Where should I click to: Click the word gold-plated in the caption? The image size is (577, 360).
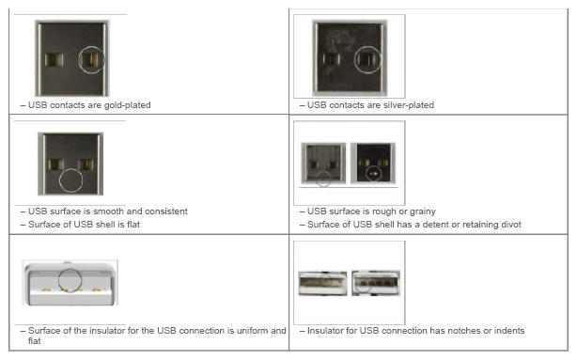[127, 105]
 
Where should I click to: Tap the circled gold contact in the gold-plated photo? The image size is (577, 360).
[92, 59]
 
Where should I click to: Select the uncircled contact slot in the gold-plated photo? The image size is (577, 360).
[55, 59]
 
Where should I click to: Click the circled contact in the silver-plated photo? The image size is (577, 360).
[368, 59]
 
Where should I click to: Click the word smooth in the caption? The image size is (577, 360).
[109, 211]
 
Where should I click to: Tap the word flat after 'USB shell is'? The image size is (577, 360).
[133, 225]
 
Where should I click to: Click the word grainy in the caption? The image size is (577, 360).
[423, 211]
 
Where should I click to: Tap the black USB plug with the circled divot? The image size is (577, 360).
[373, 163]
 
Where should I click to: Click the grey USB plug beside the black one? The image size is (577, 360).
[324, 163]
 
